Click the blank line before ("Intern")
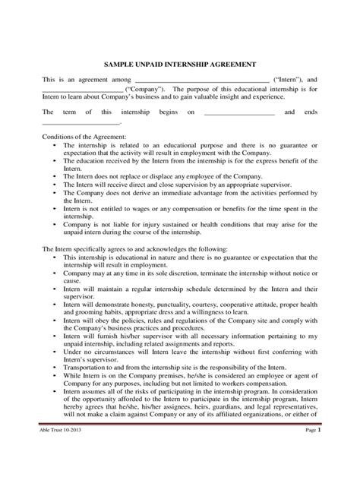coord(201,81)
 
